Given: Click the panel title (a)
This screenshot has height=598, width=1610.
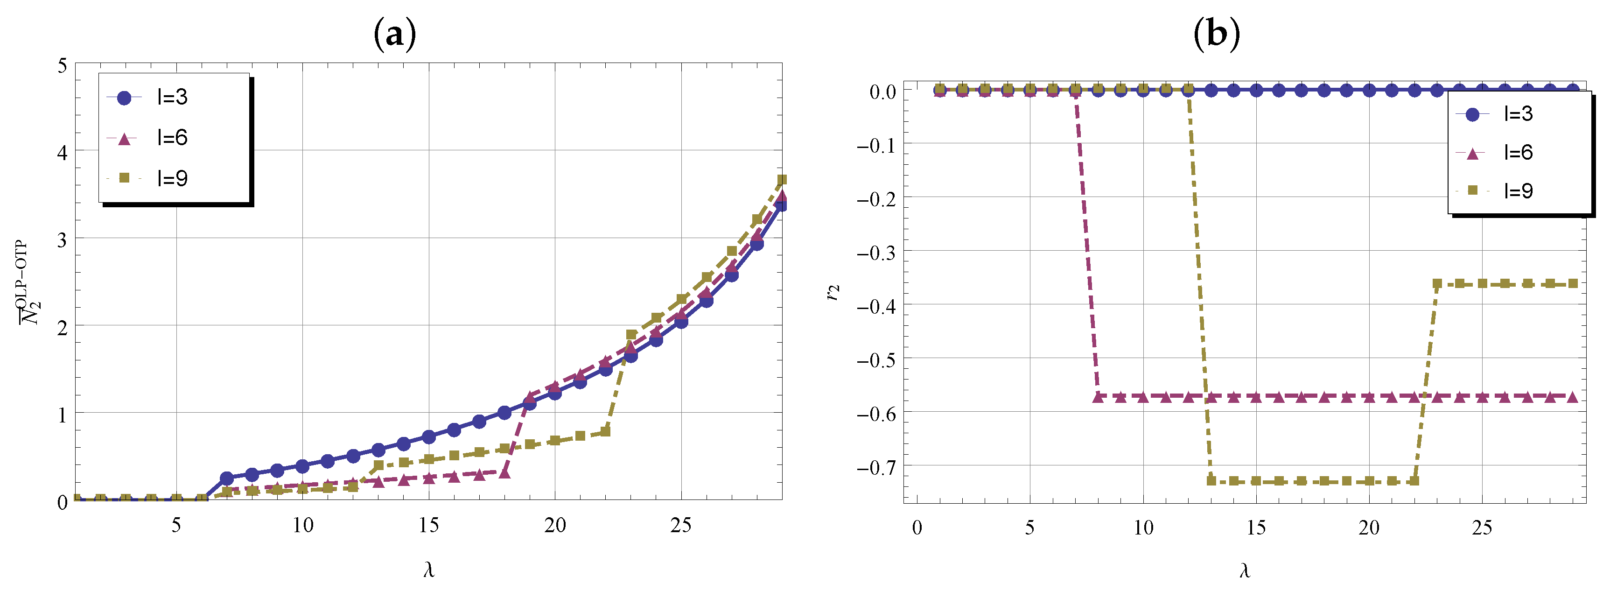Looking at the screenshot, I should tap(394, 35).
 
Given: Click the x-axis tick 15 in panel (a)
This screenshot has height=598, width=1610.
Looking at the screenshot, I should tap(429, 526).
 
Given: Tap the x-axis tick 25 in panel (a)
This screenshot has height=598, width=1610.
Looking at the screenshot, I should tap(680, 526).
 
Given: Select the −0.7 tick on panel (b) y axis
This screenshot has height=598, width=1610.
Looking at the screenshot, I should tap(876, 467).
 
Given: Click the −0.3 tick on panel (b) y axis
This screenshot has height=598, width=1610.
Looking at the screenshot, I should tap(876, 253).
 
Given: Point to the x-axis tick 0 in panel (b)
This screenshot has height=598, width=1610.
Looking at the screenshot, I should tap(917, 528).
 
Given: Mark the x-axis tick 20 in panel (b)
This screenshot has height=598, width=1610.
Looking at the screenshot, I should tap(1369, 528).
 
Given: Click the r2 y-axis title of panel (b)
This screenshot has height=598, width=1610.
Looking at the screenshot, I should tap(834, 293).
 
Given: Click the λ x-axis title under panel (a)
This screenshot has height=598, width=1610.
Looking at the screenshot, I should tap(429, 570).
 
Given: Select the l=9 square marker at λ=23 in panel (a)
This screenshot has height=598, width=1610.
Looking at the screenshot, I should tap(631, 335).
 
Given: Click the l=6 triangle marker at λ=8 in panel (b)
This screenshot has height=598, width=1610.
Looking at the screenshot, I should tap(1098, 397).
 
